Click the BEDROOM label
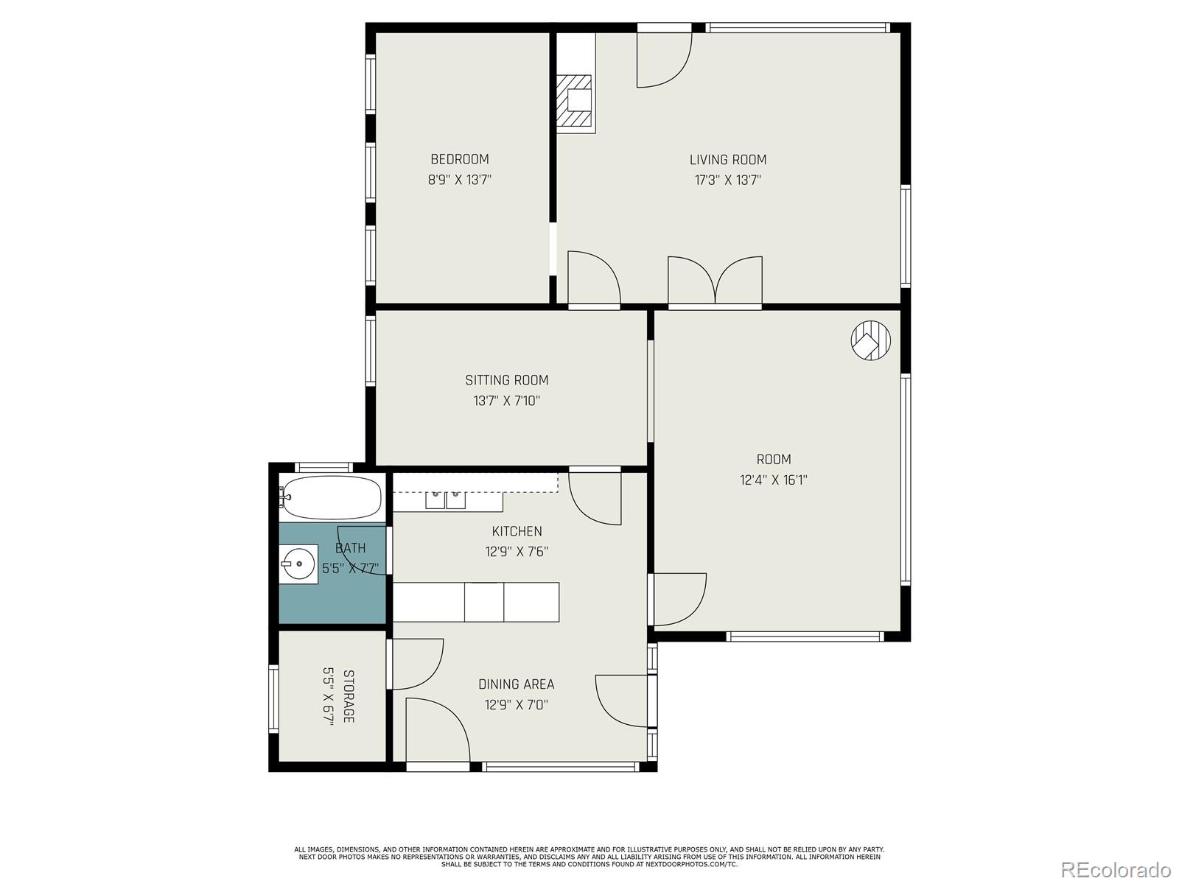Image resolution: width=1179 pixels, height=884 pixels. [x=459, y=159]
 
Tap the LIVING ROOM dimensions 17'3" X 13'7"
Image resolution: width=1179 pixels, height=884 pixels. [x=727, y=180]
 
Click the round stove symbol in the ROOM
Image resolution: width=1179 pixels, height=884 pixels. [x=870, y=340]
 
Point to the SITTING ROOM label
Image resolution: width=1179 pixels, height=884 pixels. [x=506, y=380]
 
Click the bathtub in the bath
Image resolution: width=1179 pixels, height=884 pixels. [x=332, y=498]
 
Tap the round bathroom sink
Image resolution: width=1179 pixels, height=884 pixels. [x=298, y=564]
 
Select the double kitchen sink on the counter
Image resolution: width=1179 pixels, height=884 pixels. [x=446, y=500]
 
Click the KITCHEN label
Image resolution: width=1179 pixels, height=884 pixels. [x=517, y=531]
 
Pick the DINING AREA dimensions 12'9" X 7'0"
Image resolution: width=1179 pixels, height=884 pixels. [x=516, y=705]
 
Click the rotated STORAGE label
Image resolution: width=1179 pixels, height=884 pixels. [x=349, y=696]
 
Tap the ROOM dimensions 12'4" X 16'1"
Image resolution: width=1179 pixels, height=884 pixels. [x=774, y=480]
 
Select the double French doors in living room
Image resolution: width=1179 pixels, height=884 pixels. [x=715, y=281]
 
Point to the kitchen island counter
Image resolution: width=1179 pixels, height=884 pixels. [x=476, y=602]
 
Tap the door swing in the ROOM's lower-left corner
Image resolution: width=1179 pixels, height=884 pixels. [x=679, y=598]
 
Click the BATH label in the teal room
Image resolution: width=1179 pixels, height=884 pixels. [x=350, y=548]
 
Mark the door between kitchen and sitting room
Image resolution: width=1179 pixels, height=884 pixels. [x=595, y=497]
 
